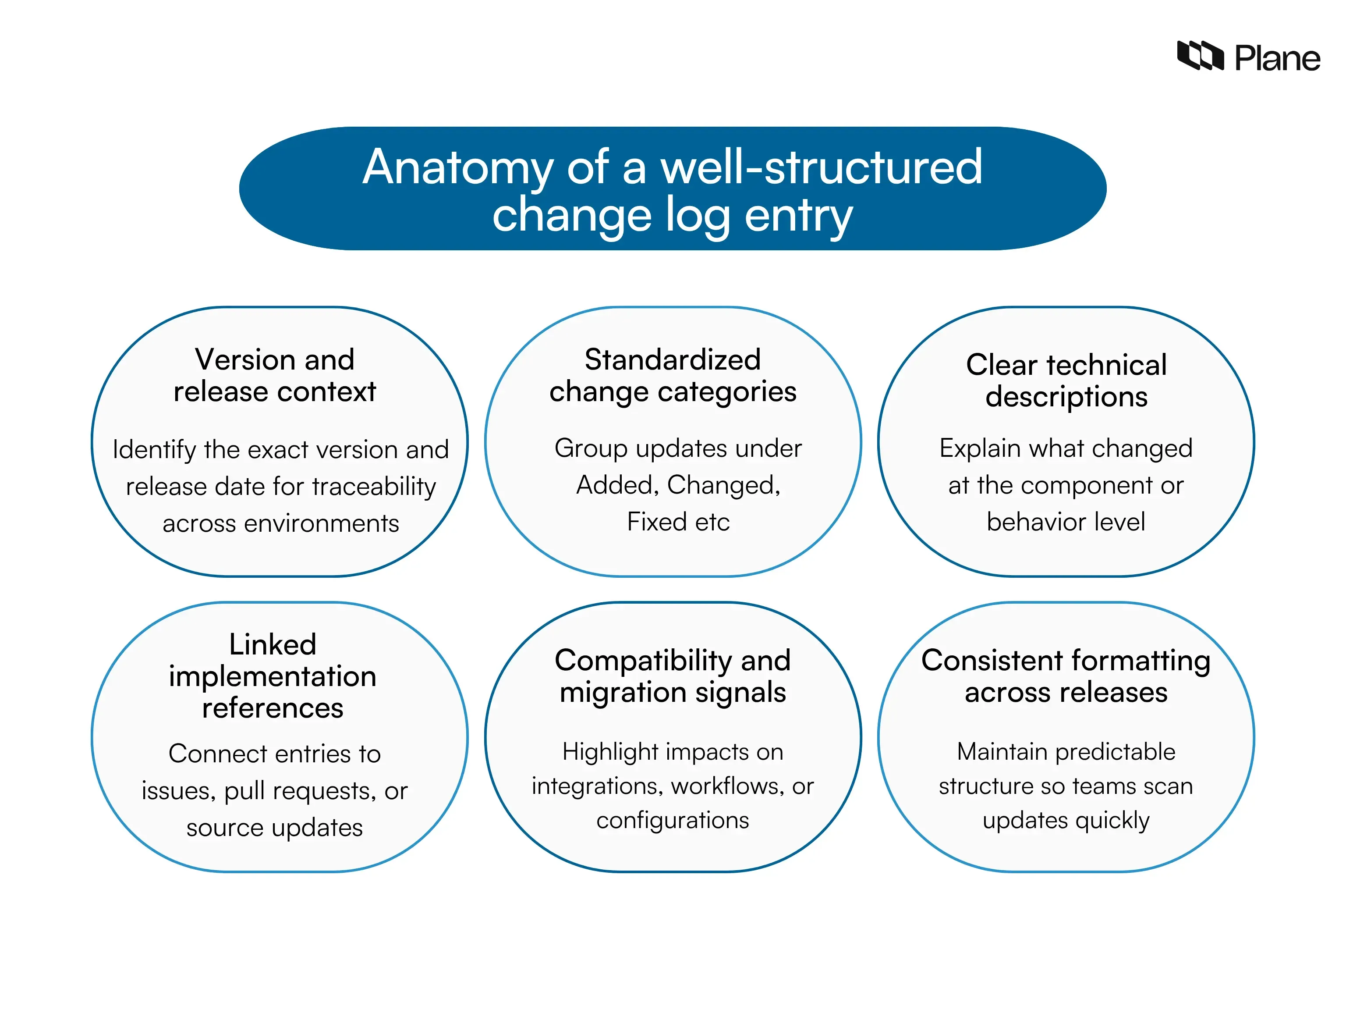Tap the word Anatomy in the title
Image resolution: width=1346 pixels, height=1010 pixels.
[457, 167]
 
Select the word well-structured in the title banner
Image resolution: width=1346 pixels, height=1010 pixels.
[822, 167]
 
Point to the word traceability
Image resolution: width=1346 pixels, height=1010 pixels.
[374, 487]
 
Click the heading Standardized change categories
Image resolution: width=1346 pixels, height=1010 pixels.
[673, 375]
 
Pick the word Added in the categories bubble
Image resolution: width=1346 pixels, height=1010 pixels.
[613, 485]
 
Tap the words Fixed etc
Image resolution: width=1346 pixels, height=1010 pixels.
[678, 522]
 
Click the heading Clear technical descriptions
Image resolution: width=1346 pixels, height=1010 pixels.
[1066, 381]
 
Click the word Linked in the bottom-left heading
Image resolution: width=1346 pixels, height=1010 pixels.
[273, 644]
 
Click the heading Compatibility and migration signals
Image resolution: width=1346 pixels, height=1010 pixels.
[673, 676]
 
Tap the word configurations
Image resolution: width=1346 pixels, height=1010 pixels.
[673, 821]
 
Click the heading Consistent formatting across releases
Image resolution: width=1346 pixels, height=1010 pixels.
[1066, 676]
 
